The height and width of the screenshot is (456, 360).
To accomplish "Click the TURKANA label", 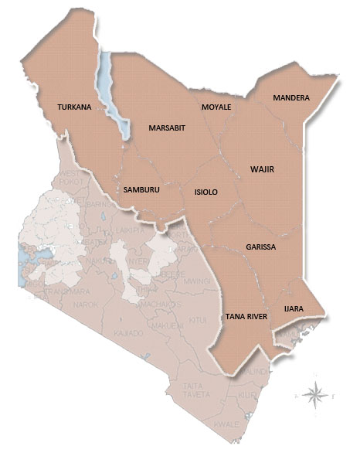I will click(75, 107).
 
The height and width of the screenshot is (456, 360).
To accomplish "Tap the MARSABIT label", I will click(167, 128).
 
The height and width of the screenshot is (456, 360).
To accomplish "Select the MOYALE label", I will click(216, 107).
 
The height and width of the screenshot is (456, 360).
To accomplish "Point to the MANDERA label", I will click(291, 98).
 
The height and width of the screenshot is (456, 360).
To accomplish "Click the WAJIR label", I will click(263, 168).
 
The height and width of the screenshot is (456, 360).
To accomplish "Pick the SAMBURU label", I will click(141, 189).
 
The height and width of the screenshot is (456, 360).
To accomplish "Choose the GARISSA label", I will click(260, 247).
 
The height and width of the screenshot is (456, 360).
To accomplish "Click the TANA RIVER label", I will click(247, 317).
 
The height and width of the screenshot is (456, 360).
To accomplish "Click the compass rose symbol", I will click(314, 395).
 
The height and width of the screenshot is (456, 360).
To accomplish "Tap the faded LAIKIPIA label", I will click(131, 230).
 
